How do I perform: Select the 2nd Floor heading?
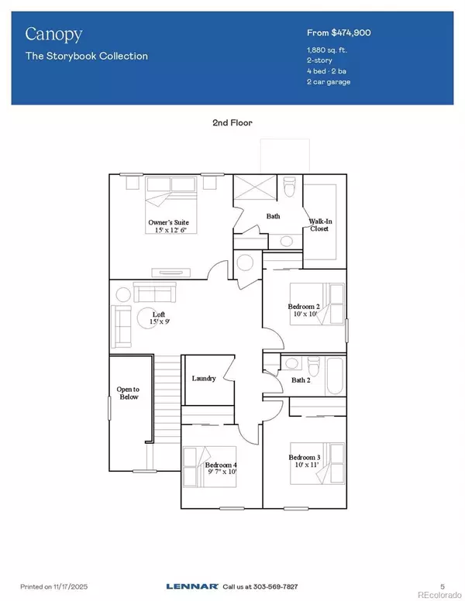232,122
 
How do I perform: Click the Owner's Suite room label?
169,227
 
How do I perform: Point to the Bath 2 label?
298,379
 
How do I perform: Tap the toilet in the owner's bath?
291,187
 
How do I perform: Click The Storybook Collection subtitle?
86,56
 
